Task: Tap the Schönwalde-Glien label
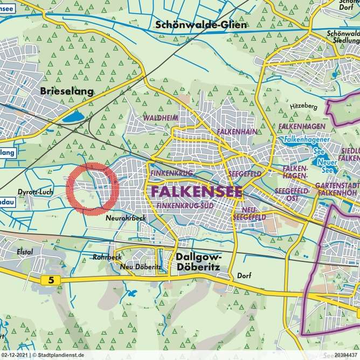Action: point(200,25)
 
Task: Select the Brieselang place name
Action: point(67,91)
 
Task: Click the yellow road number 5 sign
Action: point(51,280)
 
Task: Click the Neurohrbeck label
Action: point(126,218)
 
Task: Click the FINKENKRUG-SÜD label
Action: point(182,206)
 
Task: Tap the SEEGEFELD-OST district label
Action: point(292,195)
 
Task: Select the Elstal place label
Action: point(24,252)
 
